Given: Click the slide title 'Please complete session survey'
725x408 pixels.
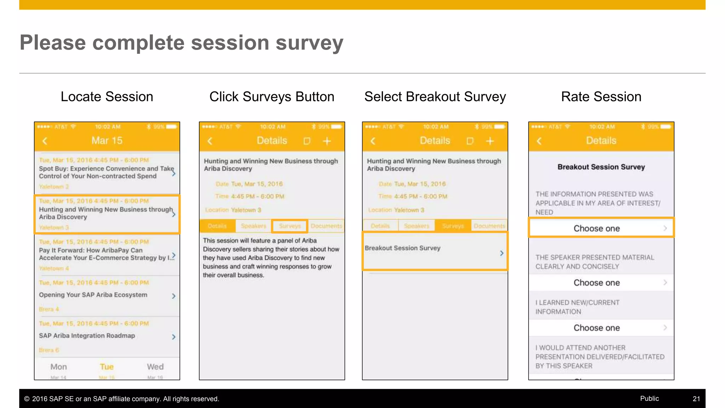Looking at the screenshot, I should tap(181, 43).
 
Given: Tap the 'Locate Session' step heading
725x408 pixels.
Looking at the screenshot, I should tap(107, 97).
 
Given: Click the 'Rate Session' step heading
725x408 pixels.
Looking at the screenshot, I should tap(601, 97).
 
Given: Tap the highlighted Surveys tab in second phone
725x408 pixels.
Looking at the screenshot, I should tap(290, 226).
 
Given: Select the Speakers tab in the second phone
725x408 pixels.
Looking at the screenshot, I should tap(253, 226).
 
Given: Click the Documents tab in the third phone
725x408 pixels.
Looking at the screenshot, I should tap(489, 226).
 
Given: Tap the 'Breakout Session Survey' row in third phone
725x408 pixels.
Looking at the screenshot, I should tap(435, 251).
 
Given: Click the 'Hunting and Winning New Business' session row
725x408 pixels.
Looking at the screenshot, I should tap(106, 214).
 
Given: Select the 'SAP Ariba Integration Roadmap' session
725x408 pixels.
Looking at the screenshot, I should tap(87, 336).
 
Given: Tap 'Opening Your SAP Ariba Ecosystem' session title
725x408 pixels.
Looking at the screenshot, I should tap(93, 295).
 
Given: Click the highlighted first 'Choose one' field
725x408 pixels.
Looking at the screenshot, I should tap(601, 228).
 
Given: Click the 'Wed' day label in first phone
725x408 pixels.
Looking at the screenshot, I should tap(155, 367).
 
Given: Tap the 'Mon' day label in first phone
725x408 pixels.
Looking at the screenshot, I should tap(58, 367).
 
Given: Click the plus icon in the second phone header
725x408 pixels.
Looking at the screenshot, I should tap(327, 141).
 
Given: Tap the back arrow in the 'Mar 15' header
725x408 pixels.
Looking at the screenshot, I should tap(45, 141).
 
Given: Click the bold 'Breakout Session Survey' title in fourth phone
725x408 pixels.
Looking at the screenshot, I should tap(601, 167).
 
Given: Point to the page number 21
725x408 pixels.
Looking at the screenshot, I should tap(696, 399).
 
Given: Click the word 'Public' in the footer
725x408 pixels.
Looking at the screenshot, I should tap(649, 398).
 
